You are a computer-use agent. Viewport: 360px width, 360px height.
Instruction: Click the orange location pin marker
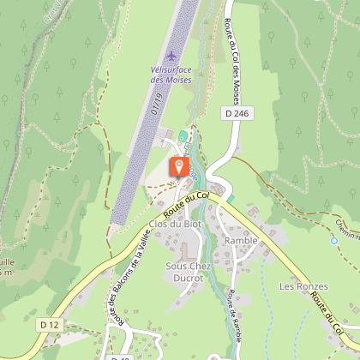click(x=178, y=166)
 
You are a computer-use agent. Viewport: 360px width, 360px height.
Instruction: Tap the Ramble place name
click(x=240, y=241)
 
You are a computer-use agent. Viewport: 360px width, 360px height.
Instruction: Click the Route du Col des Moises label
click(x=236, y=60)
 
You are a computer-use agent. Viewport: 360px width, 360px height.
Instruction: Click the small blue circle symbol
click(x=334, y=241)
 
